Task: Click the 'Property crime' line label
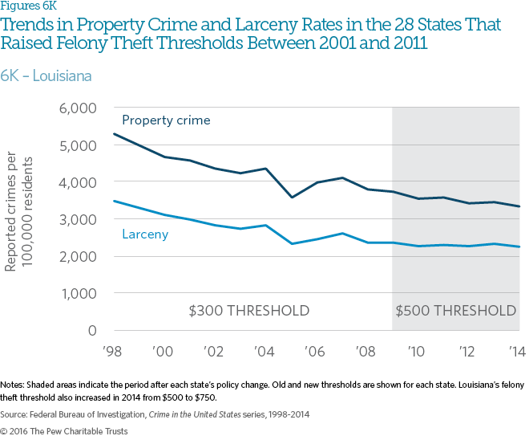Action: click(166, 120)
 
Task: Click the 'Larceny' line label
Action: click(146, 234)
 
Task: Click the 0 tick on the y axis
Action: click(92, 331)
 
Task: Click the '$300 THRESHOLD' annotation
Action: click(248, 311)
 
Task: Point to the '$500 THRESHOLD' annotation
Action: click(457, 311)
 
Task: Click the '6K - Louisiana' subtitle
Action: click(46, 76)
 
